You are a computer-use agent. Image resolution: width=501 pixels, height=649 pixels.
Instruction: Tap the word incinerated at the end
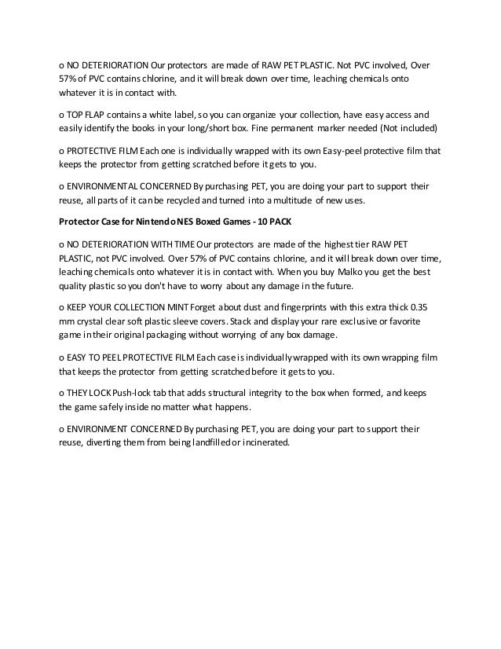(265, 442)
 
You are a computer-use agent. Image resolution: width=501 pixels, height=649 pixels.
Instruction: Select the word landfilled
(195, 442)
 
